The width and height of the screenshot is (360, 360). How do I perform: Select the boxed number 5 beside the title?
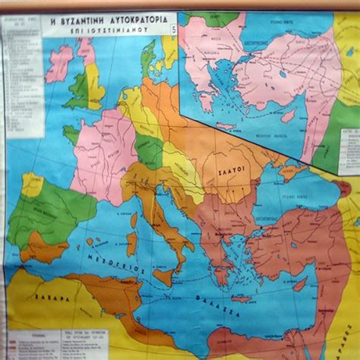[x=172, y=30]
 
